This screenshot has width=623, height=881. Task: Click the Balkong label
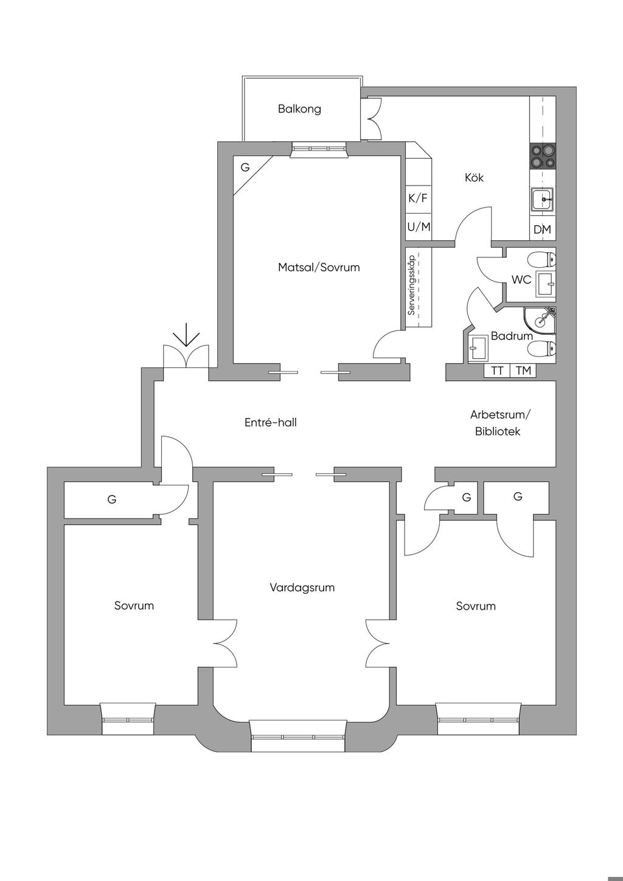299,108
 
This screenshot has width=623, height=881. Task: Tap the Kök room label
474,178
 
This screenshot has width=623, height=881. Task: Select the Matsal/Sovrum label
319,268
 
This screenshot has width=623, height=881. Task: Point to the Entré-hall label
271,422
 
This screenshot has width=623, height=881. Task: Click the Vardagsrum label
302,588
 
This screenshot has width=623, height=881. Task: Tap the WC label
521,280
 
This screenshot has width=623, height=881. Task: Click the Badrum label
512,336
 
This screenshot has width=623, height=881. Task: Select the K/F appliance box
419,199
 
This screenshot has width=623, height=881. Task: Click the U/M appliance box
419,227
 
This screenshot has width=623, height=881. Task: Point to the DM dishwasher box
542,229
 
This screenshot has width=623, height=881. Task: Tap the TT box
496,371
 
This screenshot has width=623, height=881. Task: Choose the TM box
523,371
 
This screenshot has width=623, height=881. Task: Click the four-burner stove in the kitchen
542,156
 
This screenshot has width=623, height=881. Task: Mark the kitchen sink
543,200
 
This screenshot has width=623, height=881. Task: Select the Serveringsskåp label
411,285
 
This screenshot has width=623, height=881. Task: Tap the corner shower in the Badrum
539,321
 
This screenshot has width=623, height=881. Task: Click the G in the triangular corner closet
245,167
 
